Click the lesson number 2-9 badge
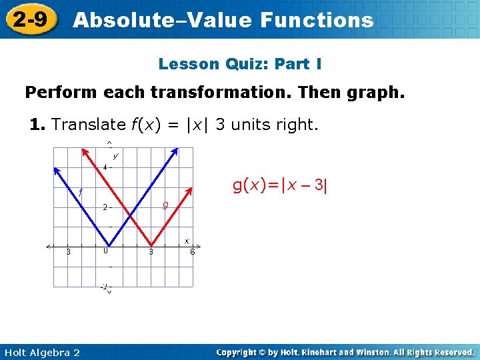tap(31, 19)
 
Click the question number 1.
tap(37, 124)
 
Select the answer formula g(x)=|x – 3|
tap(280, 185)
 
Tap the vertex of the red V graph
tap(152, 245)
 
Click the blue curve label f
tap(80, 193)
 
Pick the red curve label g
tap(165, 205)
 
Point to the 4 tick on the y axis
tap(105, 167)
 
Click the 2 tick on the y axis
tap(105, 207)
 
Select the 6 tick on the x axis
tap(192, 252)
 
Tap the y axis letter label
tap(115, 157)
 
